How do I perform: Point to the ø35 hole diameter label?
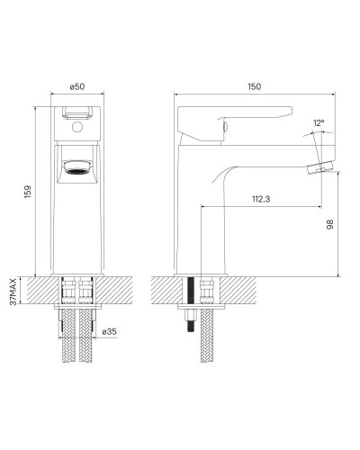(x=109, y=332)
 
